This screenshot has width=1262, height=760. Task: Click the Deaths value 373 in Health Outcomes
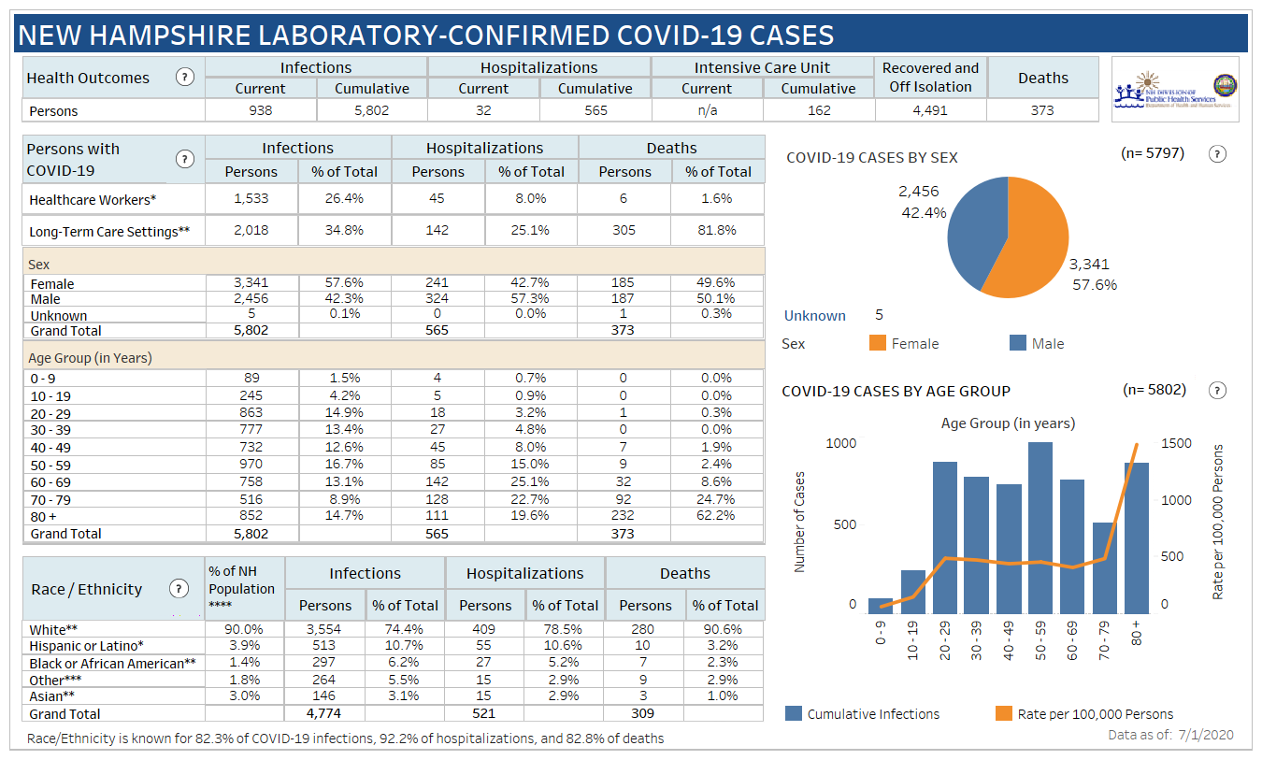click(x=1042, y=110)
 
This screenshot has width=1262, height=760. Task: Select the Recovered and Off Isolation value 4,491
click(x=930, y=110)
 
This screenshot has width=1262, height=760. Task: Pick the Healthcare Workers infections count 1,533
click(x=251, y=198)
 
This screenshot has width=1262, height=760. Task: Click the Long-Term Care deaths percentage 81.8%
click(x=717, y=230)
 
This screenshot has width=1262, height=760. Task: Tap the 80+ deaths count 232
click(x=624, y=516)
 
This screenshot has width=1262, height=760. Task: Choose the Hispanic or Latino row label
click(x=87, y=646)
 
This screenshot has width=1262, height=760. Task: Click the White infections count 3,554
click(x=324, y=629)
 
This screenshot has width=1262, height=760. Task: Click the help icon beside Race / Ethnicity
click(x=179, y=589)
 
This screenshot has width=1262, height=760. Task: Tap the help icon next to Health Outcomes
click(x=186, y=78)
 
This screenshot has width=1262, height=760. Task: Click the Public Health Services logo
click(x=1176, y=90)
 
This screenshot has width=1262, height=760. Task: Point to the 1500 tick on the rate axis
click(x=1176, y=443)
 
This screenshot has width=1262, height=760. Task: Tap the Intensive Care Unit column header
click(x=762, y=67)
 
